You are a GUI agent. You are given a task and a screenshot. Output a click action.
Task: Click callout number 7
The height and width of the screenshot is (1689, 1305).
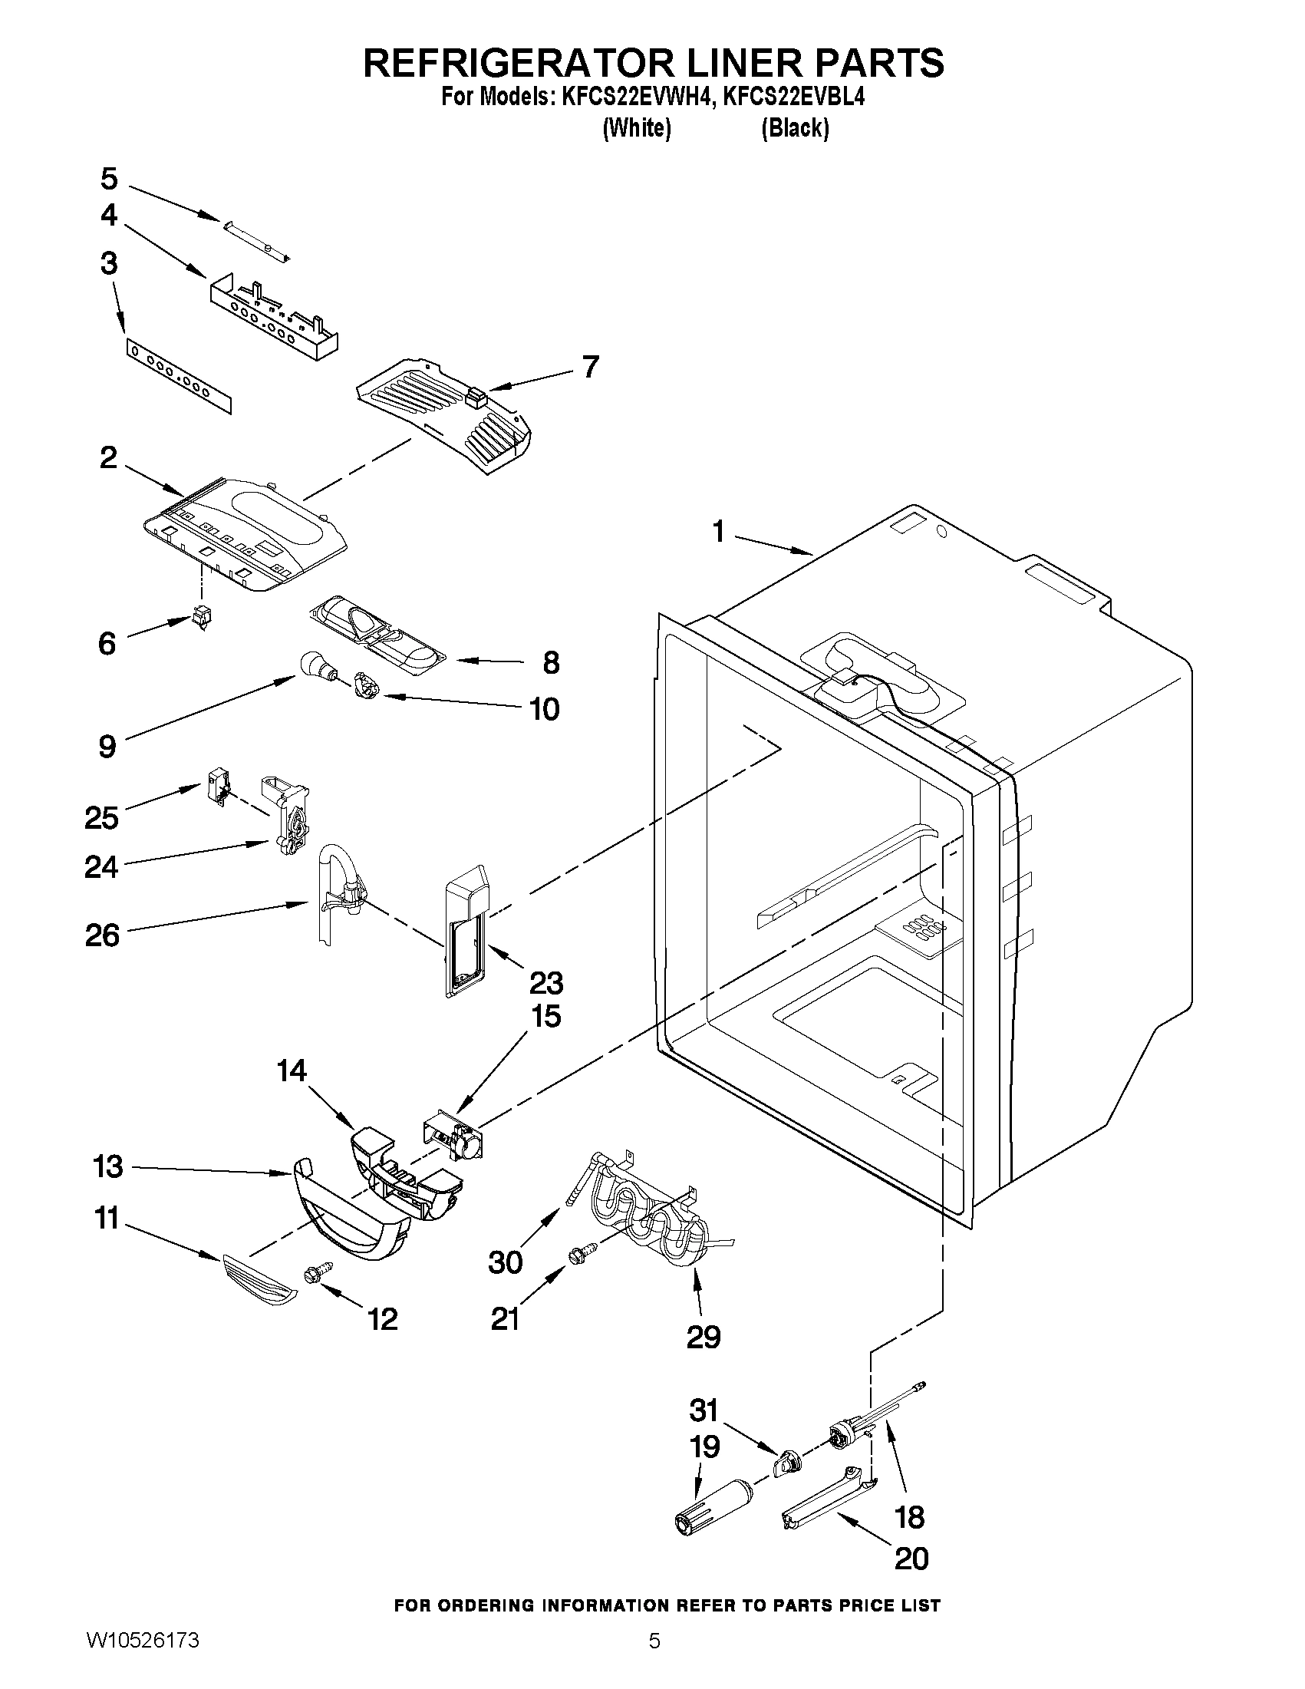click(x=590, y=367)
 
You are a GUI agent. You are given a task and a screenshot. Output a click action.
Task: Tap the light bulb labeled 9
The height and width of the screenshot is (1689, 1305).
click(x=313, y=665)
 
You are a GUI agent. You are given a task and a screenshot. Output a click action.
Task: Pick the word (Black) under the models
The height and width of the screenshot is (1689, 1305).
click(x=795, y=128)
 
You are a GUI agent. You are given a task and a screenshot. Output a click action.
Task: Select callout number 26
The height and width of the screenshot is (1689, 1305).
click(x=103, y=935)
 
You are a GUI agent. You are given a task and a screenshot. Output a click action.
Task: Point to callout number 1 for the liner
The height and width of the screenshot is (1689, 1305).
click(x=719, y=533)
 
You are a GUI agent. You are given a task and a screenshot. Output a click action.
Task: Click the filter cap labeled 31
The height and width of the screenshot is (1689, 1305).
click(x=786, y=1463)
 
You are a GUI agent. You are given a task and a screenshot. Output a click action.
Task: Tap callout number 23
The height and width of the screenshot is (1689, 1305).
click(x=545, y=984)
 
